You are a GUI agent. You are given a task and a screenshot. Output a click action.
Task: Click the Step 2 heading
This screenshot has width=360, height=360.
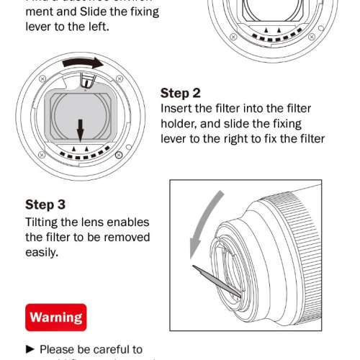pos(180,93)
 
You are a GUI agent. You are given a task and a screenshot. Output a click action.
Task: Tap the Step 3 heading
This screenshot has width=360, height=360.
pos(50,204)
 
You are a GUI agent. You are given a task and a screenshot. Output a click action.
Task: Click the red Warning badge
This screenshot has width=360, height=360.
pos(56,316)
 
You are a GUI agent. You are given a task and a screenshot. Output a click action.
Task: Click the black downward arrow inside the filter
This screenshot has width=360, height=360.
pos(81,128)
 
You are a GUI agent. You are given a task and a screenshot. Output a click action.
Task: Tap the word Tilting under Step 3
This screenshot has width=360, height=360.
pos(44,222)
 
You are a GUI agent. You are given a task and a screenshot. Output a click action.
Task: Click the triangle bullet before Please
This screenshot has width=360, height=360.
pos(30,349)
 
